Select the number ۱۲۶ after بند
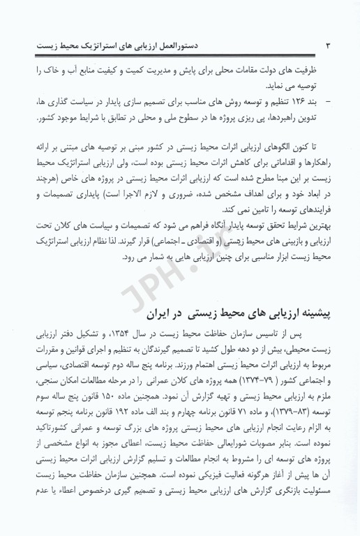coord(302,103)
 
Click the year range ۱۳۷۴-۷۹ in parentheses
coord(239,399)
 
